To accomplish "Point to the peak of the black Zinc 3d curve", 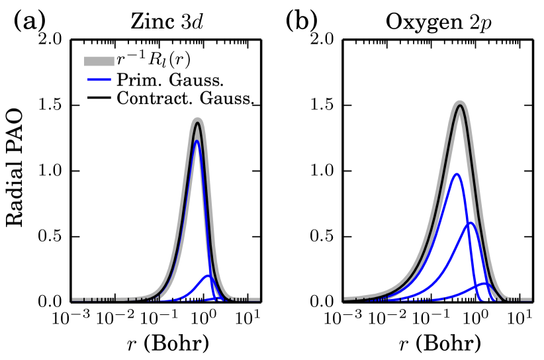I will [197, 122].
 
